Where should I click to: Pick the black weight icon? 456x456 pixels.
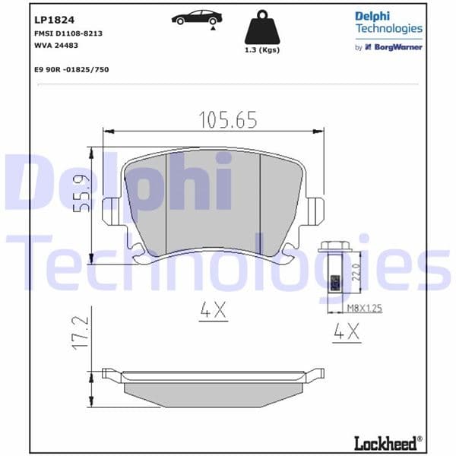[261, 28]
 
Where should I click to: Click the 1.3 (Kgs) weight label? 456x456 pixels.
[261, 50]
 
